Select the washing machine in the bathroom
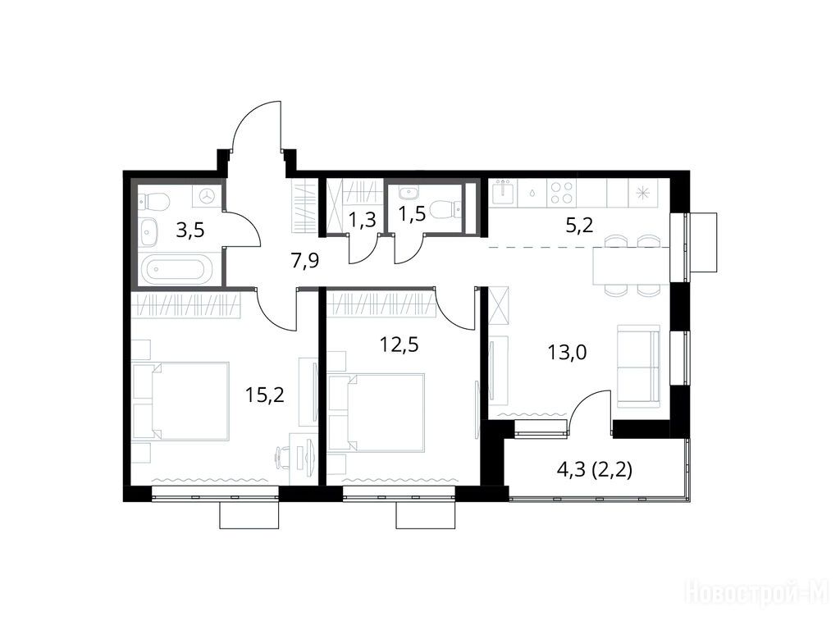[x=206, y=196]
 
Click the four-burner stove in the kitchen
[x=561, y=193]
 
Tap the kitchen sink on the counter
[x=504, y=192]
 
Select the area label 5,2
[x=579, y=226]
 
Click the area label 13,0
[x=567, y=353]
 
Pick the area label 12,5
[x=399, y=345]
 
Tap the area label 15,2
[x=265, y=395]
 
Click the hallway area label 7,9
[x=305, y=262]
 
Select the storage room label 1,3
[x=362, y=220]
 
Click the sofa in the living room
[x=638, y=366]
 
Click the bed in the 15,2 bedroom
[x=182, y=401]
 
